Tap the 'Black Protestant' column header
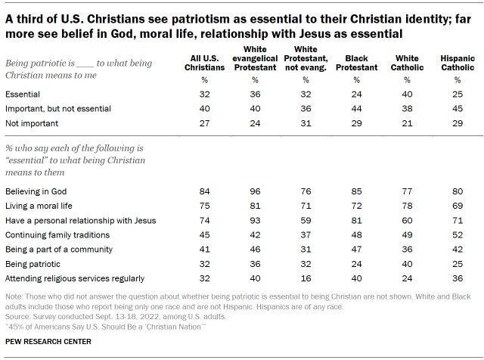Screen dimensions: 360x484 pyautogui.click(x=356, y=63)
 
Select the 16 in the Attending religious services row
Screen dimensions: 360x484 pyautogui.click(x=306, y=279)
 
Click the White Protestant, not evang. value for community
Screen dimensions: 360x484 pyautogui.click(x=306, y=250)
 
